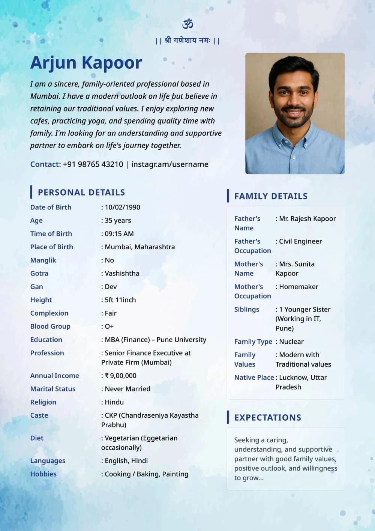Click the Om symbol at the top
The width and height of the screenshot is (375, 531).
(x=187, y=24)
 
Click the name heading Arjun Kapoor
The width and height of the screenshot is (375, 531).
(x=86, y=63)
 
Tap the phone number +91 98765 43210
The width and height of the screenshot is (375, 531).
(x=93, y=164)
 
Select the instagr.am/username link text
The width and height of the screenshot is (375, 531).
(x=170, y=164)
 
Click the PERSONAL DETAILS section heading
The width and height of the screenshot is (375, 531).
(x=81, y=193)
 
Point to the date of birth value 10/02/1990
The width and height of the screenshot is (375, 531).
(x=122, y=207)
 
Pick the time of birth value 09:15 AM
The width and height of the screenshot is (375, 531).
(x=119, y=234)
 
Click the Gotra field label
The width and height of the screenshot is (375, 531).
(x=39, y=274)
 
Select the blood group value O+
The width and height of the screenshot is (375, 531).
(x=109, y=326)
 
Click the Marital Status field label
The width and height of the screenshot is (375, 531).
(x=53, y=389)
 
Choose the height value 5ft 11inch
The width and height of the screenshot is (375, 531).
(x=120, y=300)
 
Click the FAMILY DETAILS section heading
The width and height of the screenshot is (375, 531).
(x=271, y=196)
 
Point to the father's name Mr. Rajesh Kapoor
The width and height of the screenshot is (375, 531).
(x=307, y=219)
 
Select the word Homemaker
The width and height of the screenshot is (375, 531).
(x=298, y=287)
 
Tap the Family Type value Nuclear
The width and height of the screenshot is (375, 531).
(x=291, y=342)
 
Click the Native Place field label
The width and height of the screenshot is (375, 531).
(x=254, y=378)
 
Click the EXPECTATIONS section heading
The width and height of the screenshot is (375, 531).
(x=268, y=418)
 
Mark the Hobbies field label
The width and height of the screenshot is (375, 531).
(x=43, y=474)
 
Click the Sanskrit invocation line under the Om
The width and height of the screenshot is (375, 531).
(x=187, y=41)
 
